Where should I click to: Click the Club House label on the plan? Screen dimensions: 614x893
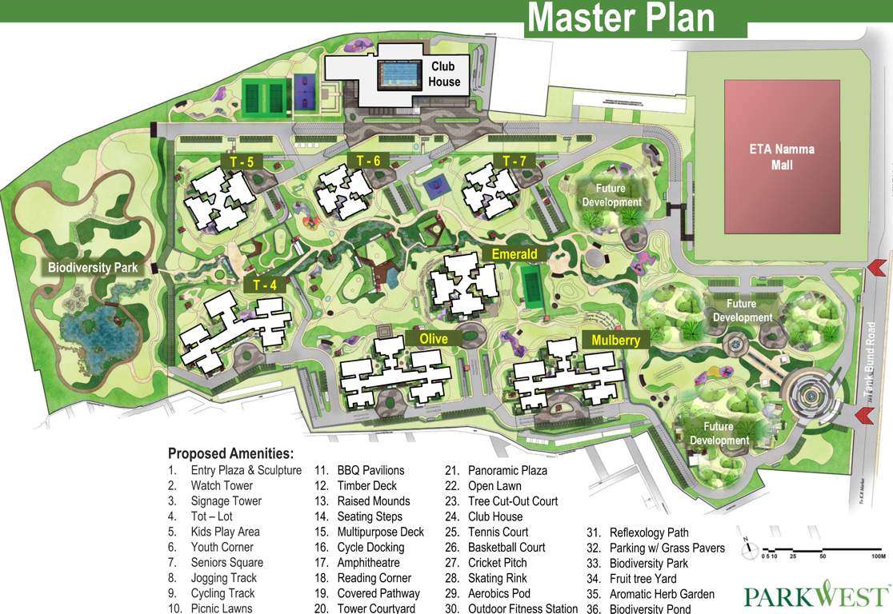[444, 74]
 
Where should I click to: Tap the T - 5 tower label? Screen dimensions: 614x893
[242, 162]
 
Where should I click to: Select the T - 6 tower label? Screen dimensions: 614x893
[368, 161]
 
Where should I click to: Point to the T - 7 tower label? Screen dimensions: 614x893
[514, 161]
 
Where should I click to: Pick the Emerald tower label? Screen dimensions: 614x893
[514, 255]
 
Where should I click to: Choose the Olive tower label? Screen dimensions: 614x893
[434, 338]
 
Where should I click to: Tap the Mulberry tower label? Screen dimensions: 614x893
[615, 340]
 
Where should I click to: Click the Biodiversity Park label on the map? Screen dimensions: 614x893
[92, 268]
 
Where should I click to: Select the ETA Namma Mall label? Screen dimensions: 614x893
[782, 157]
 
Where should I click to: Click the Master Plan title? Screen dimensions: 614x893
[622, 18]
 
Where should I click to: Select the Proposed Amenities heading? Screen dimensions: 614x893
[230, 453]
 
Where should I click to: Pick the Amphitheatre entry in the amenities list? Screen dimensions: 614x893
[374, 563]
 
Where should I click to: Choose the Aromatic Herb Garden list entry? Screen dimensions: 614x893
[661, 594]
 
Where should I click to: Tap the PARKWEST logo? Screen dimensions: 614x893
[815, 596]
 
